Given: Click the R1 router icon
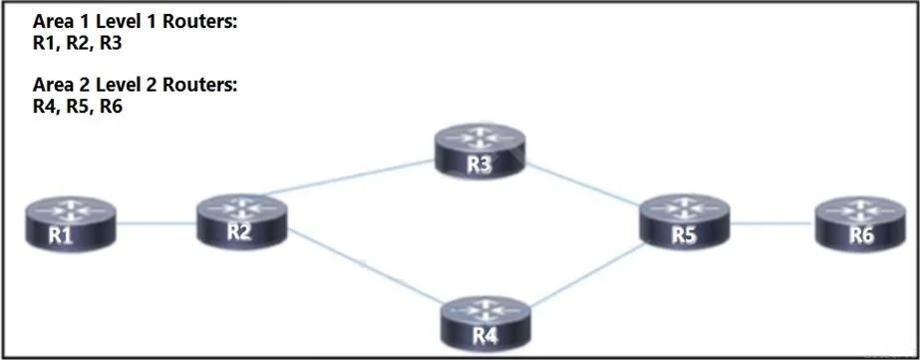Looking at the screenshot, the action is [71, 223].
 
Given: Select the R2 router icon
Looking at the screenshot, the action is [242, 221].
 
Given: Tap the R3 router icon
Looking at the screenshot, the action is [480, 151].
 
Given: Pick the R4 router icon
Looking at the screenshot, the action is [485, 323].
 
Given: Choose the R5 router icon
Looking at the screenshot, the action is [684, 222].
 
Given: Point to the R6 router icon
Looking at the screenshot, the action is [861, 223].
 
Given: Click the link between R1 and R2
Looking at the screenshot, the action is [156, 223].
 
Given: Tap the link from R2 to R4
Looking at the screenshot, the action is [366, 266].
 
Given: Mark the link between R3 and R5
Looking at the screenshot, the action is [583, 184].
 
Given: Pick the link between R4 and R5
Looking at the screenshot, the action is [587, 275].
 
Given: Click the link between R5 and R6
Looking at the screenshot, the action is [772, 223].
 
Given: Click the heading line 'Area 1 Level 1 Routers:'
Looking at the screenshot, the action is [135, 22].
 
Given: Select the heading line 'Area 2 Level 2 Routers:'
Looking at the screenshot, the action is [135, 85].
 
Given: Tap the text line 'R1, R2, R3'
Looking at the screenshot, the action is [78, 44].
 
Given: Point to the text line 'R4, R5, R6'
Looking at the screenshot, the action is [78, 108].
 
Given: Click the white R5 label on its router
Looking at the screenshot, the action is [684, 235].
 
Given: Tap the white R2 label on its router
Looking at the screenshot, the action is [239, 232].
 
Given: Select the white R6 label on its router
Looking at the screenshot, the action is [861, 235].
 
